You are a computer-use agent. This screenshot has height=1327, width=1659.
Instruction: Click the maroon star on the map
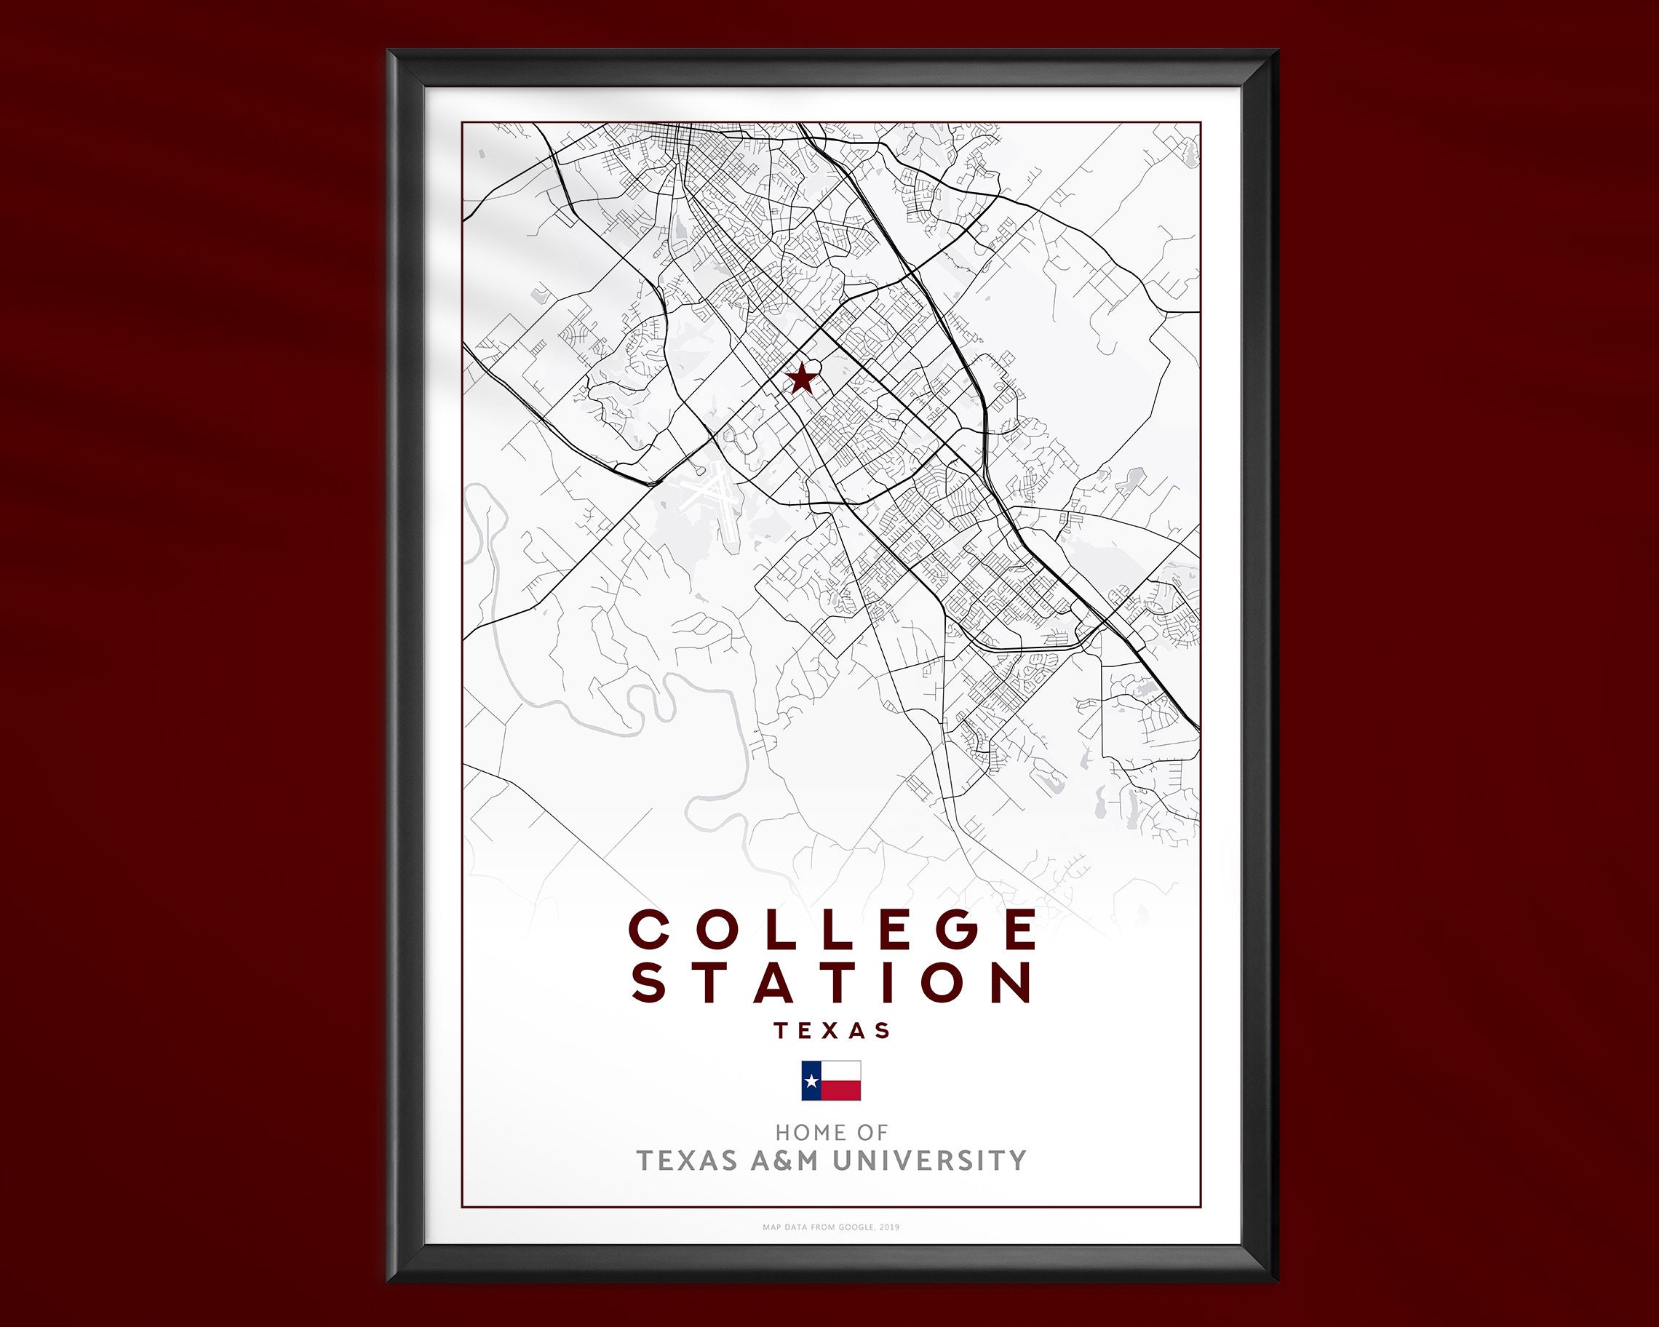pos(802,378)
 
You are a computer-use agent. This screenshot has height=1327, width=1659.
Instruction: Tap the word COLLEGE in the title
pos(832,929)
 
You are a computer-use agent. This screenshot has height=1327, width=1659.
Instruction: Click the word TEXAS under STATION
pos(832,1030)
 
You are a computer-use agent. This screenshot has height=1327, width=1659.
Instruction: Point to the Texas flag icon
pos(831,1081)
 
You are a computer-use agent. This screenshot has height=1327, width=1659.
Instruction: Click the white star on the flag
pos(811,1082)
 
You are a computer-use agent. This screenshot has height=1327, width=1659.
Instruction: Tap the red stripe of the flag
pos(840,1090)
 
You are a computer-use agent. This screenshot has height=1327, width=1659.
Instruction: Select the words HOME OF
pos(831,1132)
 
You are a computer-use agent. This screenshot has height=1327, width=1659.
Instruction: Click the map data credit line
pos(831,1227)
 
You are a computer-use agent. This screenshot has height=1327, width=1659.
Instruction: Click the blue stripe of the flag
pos(811,1081)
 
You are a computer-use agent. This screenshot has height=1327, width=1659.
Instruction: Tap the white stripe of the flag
pos(840,1071)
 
